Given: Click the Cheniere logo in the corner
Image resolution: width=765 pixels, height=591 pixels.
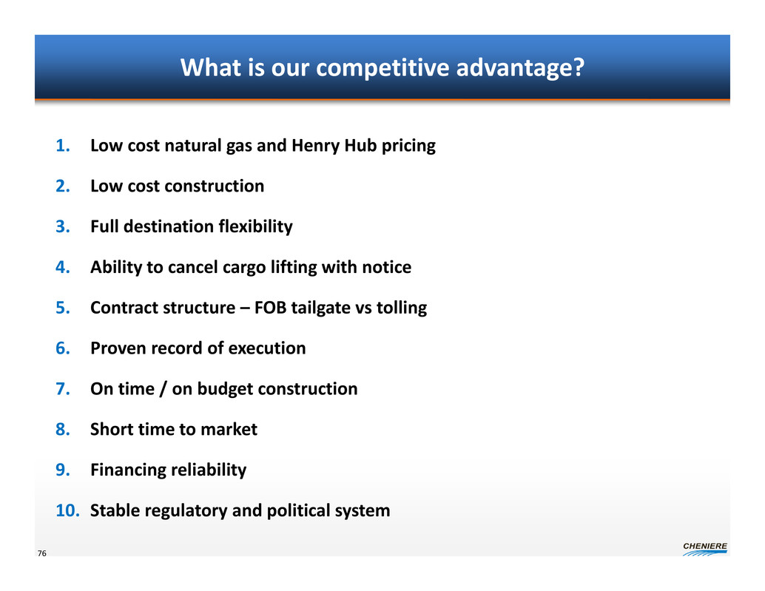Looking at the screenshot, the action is [705, 549].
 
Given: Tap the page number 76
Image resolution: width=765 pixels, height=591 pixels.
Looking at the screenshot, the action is [42, 553].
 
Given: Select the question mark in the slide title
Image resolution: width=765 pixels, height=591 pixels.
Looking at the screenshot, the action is [579, 67].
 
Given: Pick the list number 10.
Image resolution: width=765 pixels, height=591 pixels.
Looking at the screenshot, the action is [67, 510].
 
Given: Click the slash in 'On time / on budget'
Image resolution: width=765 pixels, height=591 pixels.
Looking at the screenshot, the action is [163, 389].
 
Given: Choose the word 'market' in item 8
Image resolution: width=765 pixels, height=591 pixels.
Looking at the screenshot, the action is [229, 429].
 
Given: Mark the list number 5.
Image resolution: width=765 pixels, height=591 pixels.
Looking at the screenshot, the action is [62, 308].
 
